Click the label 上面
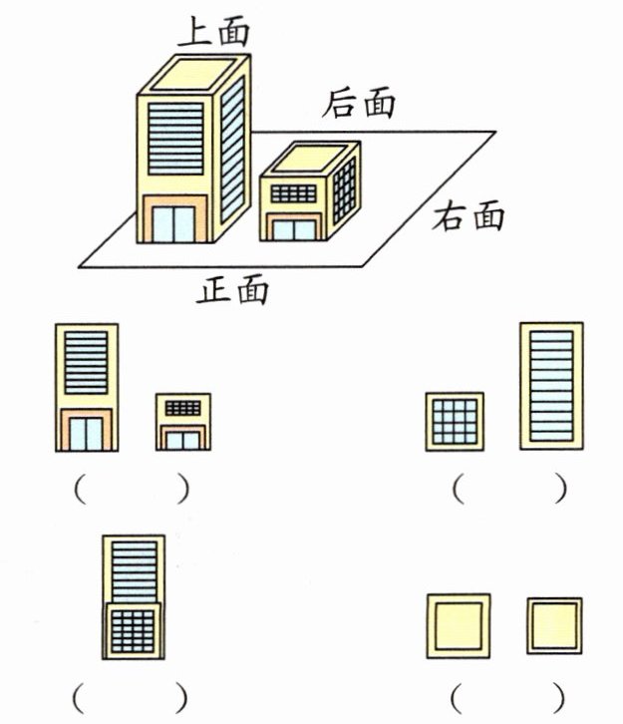coord(213,31)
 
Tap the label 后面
coord(359,102)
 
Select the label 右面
coord(467,215)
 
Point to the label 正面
coord(232,289)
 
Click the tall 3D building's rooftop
coord(194,74)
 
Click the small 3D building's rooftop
coord(310,158)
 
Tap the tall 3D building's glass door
coord(173,224)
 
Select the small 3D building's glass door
coord(294,230)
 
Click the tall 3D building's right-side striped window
coord(232,149)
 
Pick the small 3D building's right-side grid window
coord(344,189)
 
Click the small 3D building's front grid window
coord(293,193)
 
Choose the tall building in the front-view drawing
coord(87,387)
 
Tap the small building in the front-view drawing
coord(183,422)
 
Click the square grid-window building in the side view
coord(455,422)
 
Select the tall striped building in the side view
coord(551,386)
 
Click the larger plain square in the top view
coord(459,625)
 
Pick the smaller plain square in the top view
coord(554,625)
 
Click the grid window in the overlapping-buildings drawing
coord(133,631)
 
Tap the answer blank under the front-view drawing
coord(132,490)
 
